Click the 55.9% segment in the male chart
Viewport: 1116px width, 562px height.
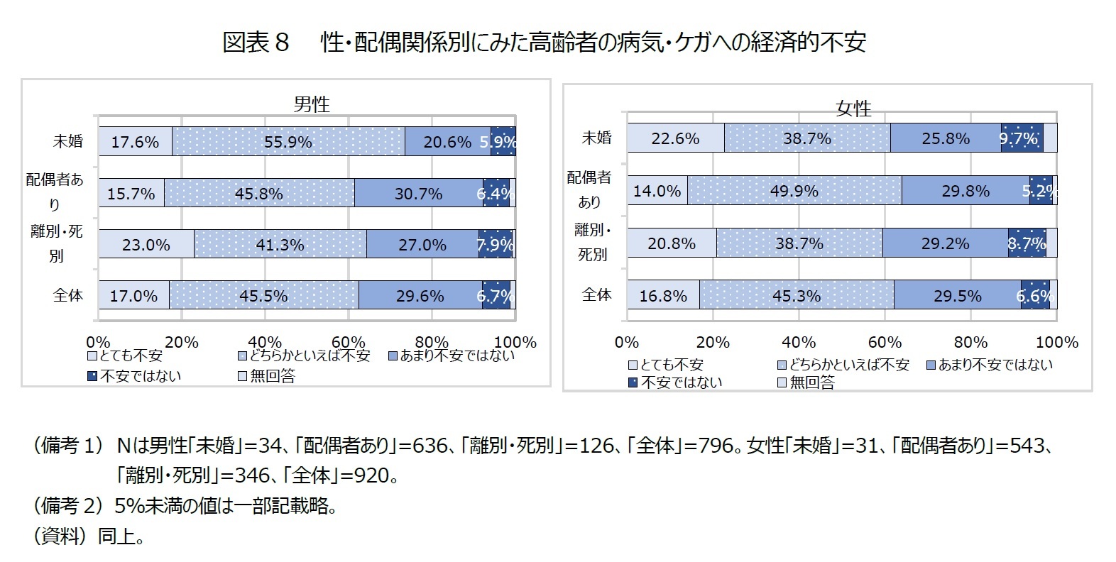click(x=288, y=142)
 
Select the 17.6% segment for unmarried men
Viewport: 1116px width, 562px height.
click(x=135, y=142)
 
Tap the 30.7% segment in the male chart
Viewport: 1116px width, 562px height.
click(x=418, y=193)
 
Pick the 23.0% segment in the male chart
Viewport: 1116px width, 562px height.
click(x=146, y=245)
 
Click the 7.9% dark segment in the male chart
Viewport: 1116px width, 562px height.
click(x=495, y=245)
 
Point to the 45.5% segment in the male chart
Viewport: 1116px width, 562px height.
click(x=263, y=295)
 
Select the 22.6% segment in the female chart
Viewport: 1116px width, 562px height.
click(x=675, y=138)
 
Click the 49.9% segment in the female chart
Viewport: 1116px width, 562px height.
click(x=794, y=191)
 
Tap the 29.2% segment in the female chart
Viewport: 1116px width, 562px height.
click(x=945, y=243)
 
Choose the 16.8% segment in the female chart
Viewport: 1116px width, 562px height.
click(x=662, y=295)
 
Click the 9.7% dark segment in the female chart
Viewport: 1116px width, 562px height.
click(x=1021, y=138)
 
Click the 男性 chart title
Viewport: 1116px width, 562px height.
click(x=312, y=104)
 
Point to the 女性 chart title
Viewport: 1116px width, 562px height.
click(x=853, y=109)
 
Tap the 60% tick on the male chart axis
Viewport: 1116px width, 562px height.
click(x=348, y=342)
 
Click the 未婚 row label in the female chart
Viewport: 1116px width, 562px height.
click(x=596, y=138)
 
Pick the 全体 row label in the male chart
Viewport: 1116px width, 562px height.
click(x=68, y=295)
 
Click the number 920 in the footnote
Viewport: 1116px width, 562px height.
click(x=371, y=475)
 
